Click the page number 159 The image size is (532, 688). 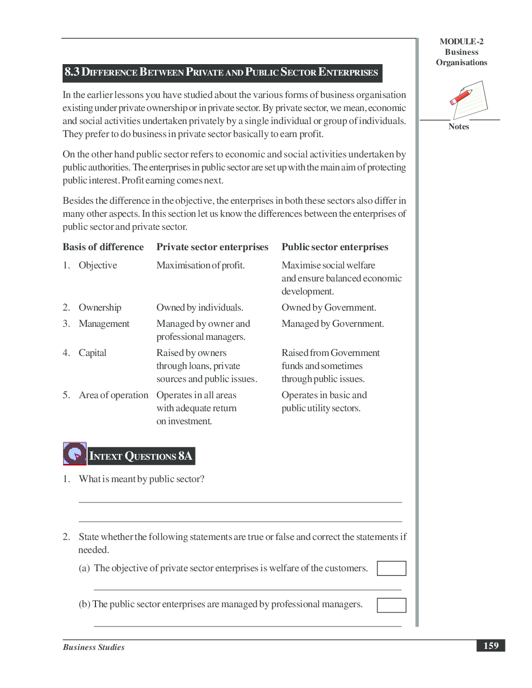pyautogui.click(x=490, y=645)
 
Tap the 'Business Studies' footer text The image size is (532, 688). pyautogui.click(x=94, y=647)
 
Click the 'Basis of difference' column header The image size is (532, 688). pyautogui.click(x=103, y=247)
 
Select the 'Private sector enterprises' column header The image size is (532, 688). pyautogui.click(x=212, y=247)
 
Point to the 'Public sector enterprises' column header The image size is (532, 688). pyautogui.click(x=335, y=247)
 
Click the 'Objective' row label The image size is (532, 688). pyautogui.click(x=98, y=265)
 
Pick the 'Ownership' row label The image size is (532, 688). pyautogui.click(x=100, y=308)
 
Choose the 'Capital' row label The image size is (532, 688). pyautogui.click(x=92, y=353)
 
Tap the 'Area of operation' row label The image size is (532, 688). pyautogui.click(x=113, y=395)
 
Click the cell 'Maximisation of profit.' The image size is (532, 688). pyautogui.click(x=200, y=265)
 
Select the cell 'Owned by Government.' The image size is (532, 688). pyautogui.click(x=329, y=308)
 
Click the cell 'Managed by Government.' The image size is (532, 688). pyautogui.click(x=333, y=324)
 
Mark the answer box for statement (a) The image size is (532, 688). pyautogui.click(x=391, y=568)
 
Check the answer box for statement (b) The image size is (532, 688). pyautogui.click(x=391, y=605)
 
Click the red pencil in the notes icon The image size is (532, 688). pyautogui.click(x=461, y=97)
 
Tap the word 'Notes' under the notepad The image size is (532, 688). pyautogui.click(x=458, y=127)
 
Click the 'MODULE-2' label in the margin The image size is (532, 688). pyautogui.click(x=461, y=42)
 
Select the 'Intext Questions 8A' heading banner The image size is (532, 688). pyautogui.click(x=141, y=456)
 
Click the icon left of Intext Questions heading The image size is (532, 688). pyautogui.click(x=75, y=453)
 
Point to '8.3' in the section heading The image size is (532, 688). pyautogui.click(x=72, y=72)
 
